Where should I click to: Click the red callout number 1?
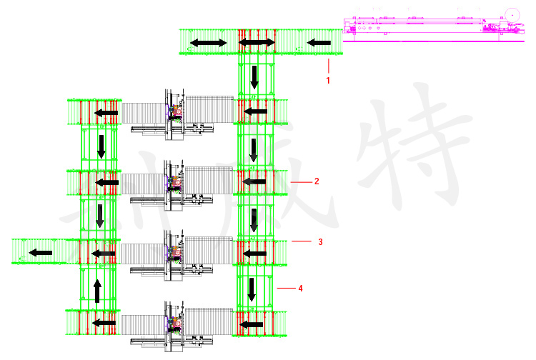point(328,81)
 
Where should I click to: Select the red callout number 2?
point(317,181)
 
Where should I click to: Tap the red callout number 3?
point(320,242)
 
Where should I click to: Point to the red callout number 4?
point(301,289)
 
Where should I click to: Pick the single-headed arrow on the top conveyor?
point(319,44)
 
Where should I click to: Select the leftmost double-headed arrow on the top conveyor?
point(209,44)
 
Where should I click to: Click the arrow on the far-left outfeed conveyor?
point(40,252)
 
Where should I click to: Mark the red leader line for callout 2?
point(302,182)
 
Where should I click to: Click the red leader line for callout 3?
point(301,241)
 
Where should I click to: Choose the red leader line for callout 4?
point(286,288)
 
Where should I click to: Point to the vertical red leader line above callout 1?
point(328,66)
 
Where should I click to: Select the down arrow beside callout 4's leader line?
point(252,289)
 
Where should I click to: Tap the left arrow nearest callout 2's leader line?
point(254,182)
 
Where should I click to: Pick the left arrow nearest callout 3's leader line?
point(254,253)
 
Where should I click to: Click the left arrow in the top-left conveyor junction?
point(106,113)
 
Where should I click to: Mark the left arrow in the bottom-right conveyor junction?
point(251,324)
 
